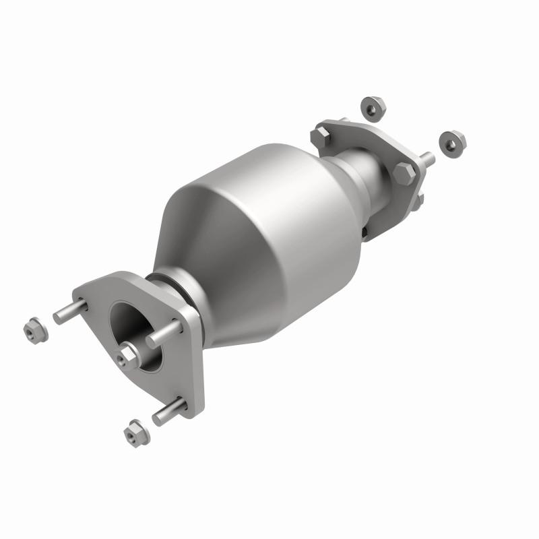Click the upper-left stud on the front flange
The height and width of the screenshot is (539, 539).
point(70,311)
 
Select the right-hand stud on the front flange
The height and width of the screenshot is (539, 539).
point(164,334)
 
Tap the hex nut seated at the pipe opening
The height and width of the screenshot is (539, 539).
point(128,355)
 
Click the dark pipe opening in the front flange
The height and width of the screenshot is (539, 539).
point(131,330)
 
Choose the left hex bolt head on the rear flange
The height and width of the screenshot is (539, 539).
point(319,137)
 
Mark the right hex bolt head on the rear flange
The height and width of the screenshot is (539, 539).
point(404,173)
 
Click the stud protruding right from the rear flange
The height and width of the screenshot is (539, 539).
point(425,160)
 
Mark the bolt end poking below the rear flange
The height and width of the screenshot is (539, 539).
point(418,201)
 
